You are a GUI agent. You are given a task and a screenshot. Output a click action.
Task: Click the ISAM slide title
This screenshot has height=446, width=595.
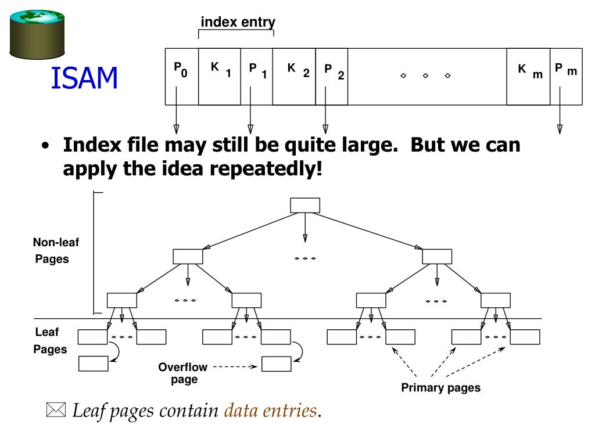(84, 78)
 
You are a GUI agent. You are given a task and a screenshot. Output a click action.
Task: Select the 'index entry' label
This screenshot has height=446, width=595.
(238, 22)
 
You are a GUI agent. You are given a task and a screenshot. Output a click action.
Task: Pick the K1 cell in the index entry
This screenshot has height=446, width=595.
(220, 76)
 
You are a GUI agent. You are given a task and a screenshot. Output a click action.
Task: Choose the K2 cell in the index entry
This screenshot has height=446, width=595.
(294, 76)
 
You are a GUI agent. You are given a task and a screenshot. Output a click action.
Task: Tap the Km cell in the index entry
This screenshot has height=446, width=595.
(528, 76)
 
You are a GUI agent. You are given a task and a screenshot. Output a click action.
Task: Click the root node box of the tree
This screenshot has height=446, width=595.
(304, 205)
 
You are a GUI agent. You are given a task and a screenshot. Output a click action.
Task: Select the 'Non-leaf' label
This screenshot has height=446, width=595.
(56, 243)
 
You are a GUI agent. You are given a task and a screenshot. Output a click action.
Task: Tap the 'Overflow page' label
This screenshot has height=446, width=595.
(178, 373)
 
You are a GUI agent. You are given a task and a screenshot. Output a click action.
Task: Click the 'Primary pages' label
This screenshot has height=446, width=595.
(441, 388)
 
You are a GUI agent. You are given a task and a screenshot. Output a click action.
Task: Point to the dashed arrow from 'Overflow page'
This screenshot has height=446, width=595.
(234, 367)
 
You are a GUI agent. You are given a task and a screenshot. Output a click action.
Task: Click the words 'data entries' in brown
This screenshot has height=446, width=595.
(271, 411)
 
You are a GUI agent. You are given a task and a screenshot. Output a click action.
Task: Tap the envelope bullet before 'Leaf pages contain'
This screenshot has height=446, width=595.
(56, 411)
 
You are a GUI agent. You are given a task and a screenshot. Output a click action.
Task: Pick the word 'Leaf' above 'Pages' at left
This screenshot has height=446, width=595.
(46, 333)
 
